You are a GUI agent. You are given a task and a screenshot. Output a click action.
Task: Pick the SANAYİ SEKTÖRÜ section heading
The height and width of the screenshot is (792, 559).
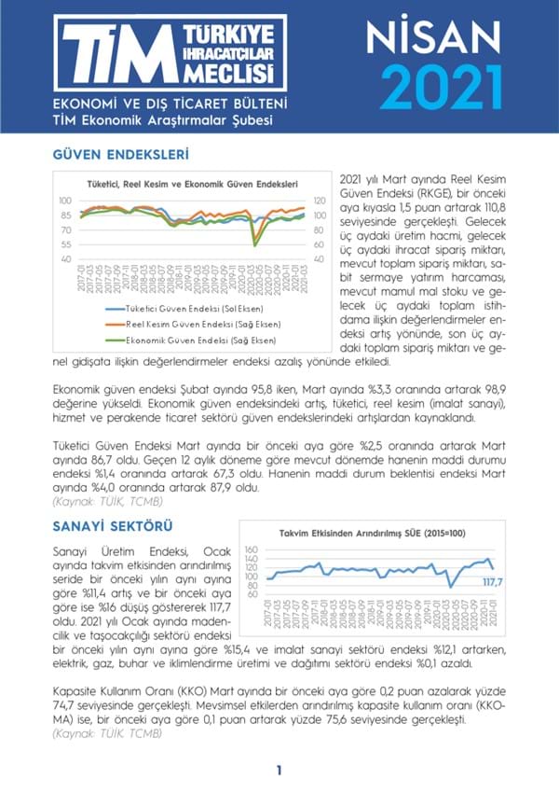pos(113,528)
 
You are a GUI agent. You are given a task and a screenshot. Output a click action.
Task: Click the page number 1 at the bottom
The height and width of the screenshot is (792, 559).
pos(279,770)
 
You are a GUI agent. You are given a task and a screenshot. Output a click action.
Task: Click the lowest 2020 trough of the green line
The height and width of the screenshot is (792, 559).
pos(255,244)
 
